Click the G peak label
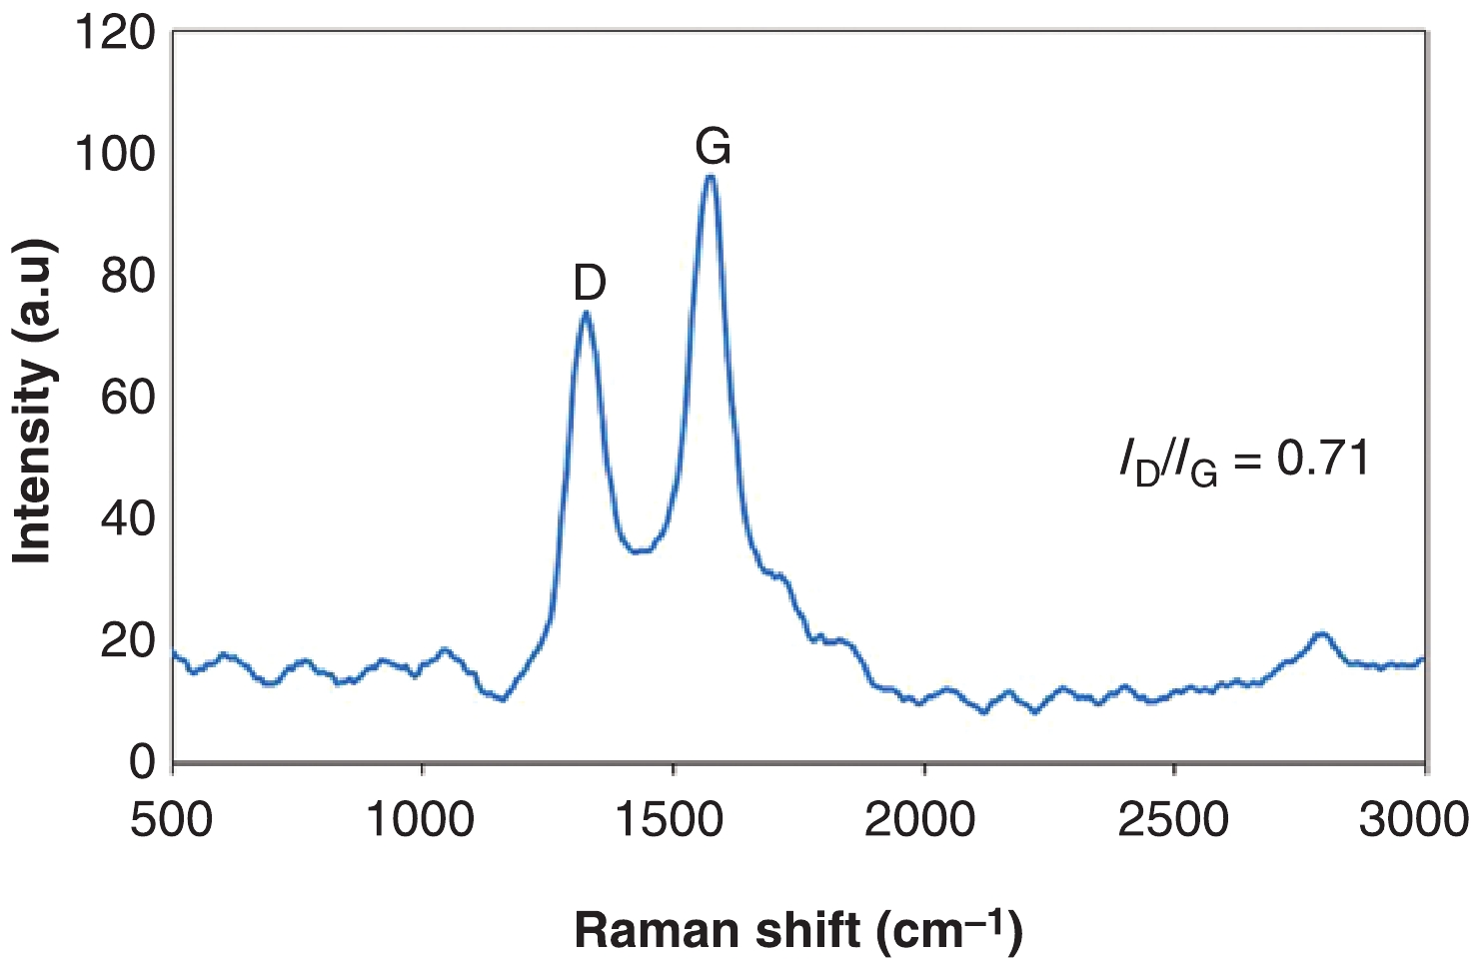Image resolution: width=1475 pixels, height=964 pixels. (714, 148)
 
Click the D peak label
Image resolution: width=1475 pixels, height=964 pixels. (590, 284)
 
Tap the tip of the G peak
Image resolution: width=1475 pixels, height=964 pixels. (710, 177)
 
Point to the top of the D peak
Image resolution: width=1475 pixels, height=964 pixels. (586, 313)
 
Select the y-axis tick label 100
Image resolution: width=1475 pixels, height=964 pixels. (116, 154)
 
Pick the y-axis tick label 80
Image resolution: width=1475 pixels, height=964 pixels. (128, 276)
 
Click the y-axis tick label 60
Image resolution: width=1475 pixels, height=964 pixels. (128, 398)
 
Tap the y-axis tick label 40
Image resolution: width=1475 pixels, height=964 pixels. (128, 519)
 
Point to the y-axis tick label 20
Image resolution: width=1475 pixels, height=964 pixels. (128, 640)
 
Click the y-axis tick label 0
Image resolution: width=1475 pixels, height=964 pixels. (142, 762)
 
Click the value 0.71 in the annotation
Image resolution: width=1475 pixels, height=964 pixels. (1323, 459)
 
